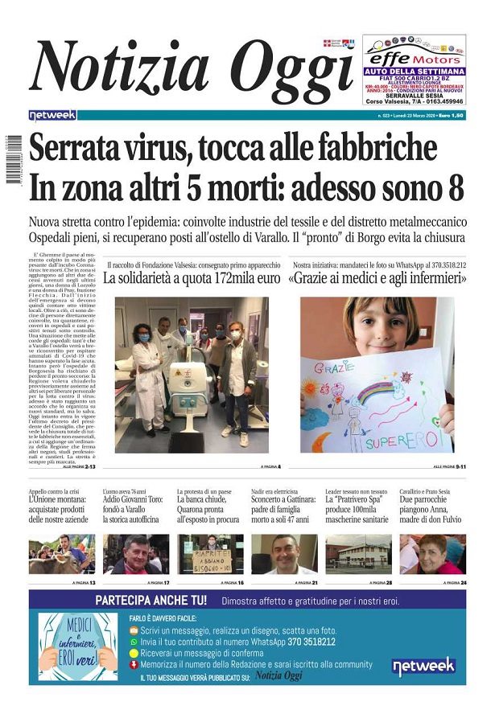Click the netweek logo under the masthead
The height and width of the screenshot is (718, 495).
(x=52, y=115)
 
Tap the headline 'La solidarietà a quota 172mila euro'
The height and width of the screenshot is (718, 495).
(x=191, y=279)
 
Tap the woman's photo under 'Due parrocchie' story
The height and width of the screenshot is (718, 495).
(x=432, y=554)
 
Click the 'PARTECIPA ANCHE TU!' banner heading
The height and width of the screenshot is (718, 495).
(x=151, y=600)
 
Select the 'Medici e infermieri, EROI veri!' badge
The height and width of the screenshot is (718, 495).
(x=78, y=645)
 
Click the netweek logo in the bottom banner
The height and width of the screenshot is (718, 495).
(x=423, y=667)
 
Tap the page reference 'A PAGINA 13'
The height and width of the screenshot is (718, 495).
(x=83, y=582)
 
